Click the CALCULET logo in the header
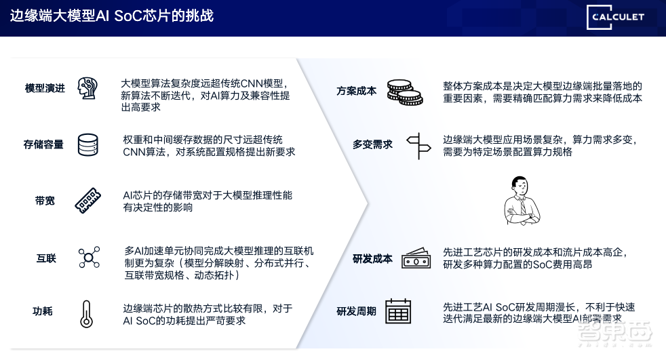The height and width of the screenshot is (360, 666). point(616,16)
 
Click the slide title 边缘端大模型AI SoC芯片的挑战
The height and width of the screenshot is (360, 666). point(112,16)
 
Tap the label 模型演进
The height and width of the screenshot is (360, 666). point(45,88)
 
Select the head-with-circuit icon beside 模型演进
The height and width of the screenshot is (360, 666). point(87,88)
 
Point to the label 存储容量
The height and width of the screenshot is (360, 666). point(44,144)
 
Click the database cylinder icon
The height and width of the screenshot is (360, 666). point(87,144)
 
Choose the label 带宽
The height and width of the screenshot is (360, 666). point(45,201)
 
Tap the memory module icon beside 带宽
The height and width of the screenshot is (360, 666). point(87,201)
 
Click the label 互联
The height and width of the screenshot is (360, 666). point(46,258)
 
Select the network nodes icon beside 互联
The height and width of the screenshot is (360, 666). point(88,258)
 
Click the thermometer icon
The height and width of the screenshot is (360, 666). point(85,314)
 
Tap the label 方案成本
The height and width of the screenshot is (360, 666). point(357,91)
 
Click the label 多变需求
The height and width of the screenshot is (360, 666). point(372,144)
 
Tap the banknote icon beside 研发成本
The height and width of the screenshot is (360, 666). point(416,258)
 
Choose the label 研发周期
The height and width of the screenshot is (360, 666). point(357,312)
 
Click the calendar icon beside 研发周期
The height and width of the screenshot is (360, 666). point(399,312)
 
